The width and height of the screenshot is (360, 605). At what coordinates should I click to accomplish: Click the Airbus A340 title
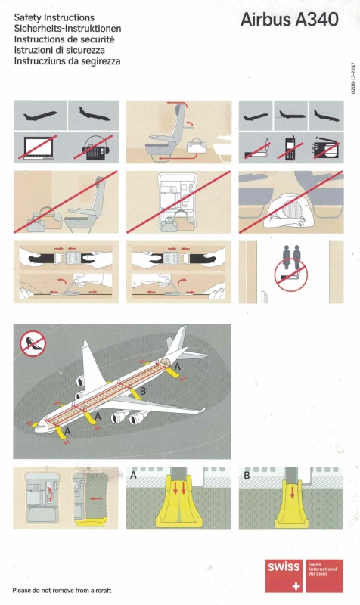[290, 20]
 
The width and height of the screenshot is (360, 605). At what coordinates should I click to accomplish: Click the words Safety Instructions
[54, 17]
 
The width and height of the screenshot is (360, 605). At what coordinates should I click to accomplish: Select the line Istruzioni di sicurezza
[60, 50]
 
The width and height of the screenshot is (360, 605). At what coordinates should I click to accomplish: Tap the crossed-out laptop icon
[40, 147]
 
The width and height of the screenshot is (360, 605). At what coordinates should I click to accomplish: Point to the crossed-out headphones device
[94, 147]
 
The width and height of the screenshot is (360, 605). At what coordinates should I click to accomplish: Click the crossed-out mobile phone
[290, 147]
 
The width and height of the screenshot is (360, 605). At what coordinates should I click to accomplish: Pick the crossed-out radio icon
[326, 147]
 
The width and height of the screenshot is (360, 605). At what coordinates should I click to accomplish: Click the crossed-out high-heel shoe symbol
[33, 343]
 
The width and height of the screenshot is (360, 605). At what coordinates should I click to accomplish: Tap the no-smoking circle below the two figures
[291, 275]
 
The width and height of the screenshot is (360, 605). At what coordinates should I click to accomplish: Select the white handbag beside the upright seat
[197, 145]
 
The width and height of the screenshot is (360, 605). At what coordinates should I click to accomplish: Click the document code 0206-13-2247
[352, 78]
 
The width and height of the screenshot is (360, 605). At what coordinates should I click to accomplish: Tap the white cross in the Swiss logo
[296, 586]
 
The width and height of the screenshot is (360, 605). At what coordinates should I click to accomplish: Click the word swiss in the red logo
[284, 566]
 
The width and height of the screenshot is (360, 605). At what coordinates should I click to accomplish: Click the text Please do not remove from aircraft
[62, 591]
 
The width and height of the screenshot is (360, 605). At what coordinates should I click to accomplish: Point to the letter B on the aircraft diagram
[143, 391]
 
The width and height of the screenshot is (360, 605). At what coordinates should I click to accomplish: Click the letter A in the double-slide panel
[134, 475]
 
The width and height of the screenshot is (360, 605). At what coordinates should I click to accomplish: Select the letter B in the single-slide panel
[247, 476]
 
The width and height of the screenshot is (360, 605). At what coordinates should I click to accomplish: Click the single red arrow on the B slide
[292, 492]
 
